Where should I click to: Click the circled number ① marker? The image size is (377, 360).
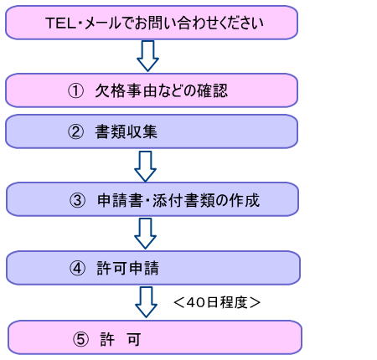(75, 90)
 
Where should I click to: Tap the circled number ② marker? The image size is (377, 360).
(75, 131)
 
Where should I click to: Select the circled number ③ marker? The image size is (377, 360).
(77, 200)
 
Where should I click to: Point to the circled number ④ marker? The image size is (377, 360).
(77, 268)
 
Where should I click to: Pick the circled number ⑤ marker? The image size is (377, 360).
(80, 339)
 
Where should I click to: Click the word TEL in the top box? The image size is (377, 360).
(60, 23)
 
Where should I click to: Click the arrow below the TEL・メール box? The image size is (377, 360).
(147, 56)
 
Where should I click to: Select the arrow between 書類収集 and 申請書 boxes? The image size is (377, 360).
(145, 167)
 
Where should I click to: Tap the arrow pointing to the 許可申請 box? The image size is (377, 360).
(145, 234)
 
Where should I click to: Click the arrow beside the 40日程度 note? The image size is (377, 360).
(146, 302)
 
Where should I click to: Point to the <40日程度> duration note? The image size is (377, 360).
(217, 302)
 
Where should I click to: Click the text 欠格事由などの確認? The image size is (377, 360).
(162, 90)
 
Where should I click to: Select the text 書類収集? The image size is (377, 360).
(127, 131)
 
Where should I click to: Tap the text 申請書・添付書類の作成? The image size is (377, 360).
(178, 200)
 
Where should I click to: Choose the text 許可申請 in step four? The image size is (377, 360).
(128, 268)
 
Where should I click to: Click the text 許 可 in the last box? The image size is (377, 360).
(121, 339)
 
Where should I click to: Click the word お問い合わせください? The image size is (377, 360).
(199, 23)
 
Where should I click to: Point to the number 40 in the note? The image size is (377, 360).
(194, 302)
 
